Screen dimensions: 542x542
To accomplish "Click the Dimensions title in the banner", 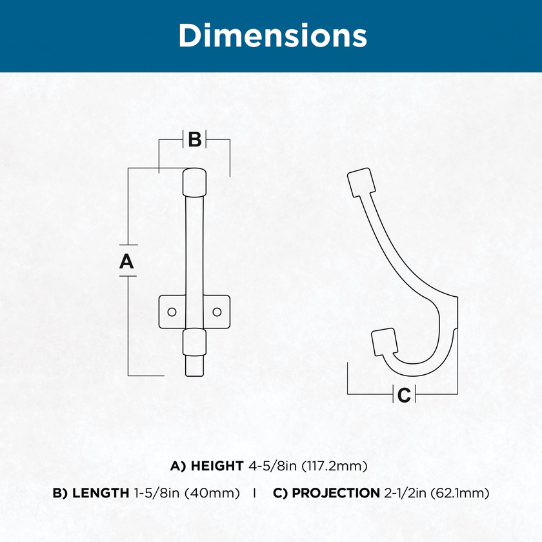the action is (272, 35).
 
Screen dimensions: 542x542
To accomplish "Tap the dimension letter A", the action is (126, 261).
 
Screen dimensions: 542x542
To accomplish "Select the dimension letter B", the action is (195, 139).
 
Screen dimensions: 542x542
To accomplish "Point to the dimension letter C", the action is (404, 395).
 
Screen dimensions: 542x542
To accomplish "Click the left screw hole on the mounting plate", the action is (172, 312).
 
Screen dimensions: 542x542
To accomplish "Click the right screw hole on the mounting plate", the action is (217, 312).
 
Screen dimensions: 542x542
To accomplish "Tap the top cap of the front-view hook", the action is (194, 182).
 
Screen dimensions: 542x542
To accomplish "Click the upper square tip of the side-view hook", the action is (361, 182).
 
